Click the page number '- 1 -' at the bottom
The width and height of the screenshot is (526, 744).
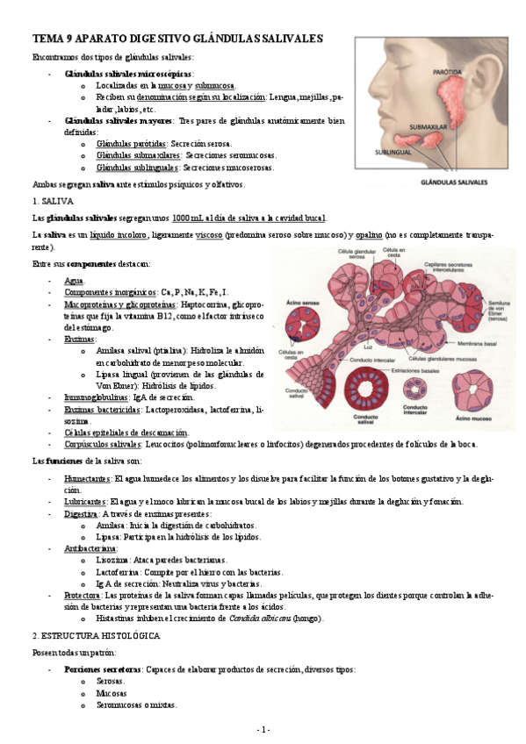(x=263, y=730)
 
